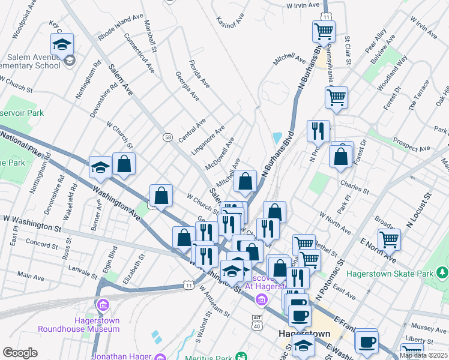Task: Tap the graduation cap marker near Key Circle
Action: point(62,44)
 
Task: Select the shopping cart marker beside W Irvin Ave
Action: point(324,31)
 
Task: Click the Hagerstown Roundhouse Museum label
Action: point(78,324)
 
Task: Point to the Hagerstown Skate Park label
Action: point(411,274)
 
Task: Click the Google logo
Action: point(19,353)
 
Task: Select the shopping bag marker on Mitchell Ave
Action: point(245,181)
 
